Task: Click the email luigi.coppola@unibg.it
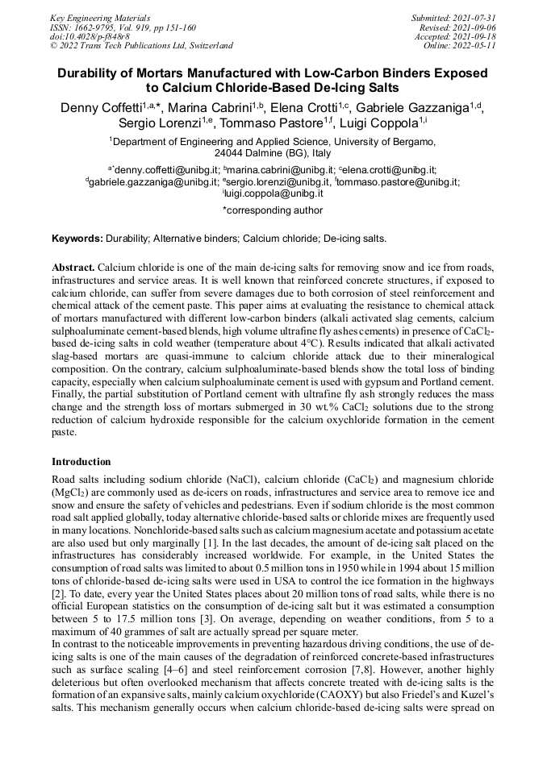pos(274,193)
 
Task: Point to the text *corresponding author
pos(272,210)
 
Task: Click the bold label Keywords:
pos(77,239)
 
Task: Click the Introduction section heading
pos(81,462)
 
